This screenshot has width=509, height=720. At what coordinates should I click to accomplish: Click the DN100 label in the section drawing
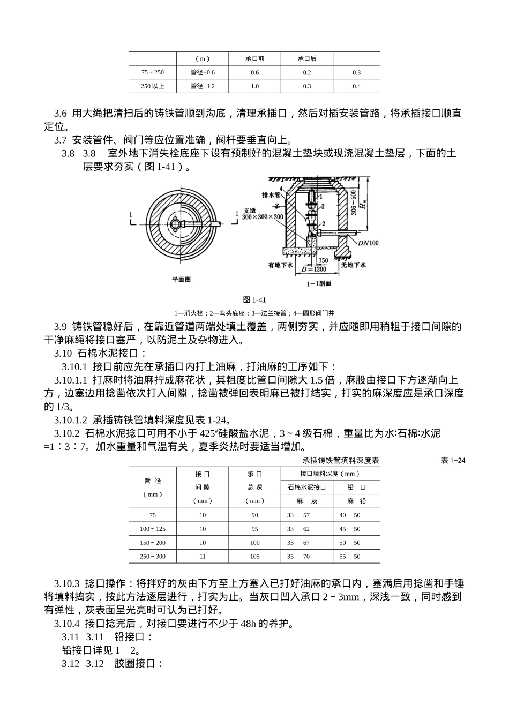368,243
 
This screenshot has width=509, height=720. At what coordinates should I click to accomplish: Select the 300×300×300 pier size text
263,217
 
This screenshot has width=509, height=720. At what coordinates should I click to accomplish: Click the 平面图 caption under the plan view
181,279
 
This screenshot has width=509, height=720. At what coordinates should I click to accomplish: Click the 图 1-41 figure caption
254,299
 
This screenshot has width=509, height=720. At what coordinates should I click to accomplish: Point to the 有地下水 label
280,265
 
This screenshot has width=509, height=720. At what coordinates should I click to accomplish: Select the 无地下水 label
353,265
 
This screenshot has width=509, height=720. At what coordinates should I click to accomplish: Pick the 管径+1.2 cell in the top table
203,86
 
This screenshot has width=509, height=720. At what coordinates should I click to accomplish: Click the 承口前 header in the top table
254,58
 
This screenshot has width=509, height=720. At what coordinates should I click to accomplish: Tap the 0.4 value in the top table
357,86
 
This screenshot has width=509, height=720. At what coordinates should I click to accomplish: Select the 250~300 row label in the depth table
153,556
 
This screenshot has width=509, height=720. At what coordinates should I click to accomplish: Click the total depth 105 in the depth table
254,556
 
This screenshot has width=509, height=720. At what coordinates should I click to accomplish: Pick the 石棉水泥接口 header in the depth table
306,487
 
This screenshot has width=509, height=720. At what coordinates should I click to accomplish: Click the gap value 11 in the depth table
203,556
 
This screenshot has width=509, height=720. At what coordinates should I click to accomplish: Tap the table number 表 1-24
453,460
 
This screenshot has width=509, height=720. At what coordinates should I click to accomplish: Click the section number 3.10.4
67,623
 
